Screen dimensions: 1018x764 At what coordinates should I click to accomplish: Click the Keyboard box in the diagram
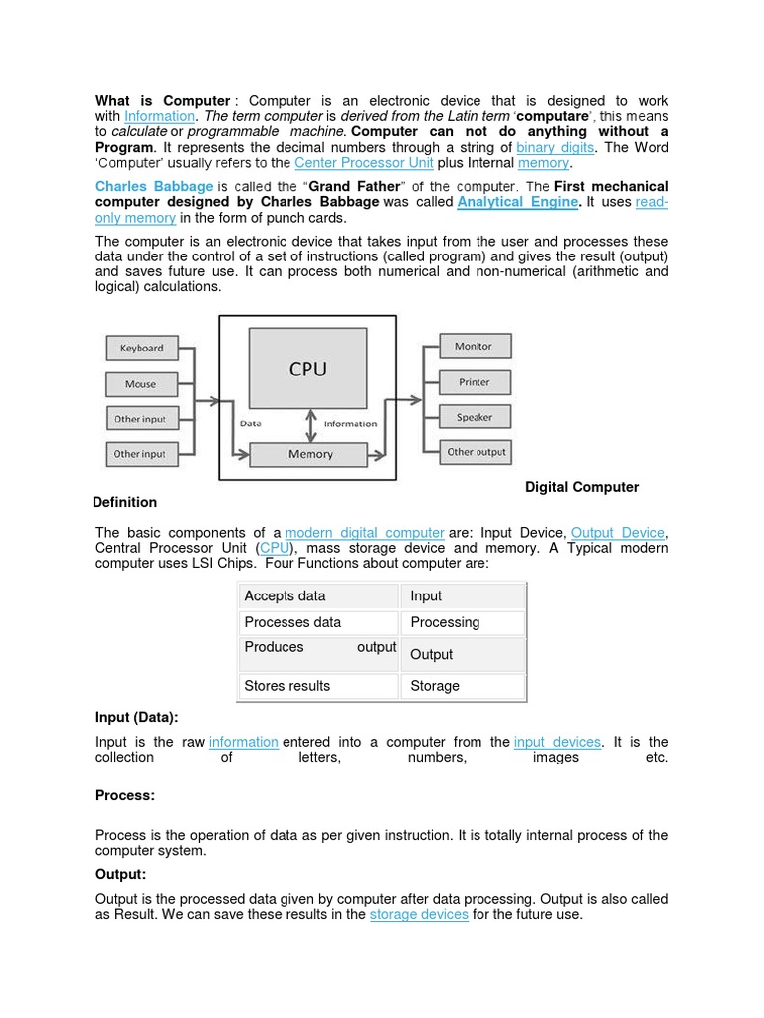pos(142,348)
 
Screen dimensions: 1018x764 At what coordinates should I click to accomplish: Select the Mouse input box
pos(140,384)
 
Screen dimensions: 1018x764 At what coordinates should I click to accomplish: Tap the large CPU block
pos(307,369)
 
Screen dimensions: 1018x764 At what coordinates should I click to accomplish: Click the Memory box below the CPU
pos(310,454)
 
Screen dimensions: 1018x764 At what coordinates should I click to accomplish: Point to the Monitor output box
pos(474,346)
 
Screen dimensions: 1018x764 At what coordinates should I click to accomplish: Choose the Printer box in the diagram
pos(474,382)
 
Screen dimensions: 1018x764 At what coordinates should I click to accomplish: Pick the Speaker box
pos(474,417)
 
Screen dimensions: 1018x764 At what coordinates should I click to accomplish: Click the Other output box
pos(476,452)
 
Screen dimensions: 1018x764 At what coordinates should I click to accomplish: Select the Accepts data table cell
pos(318,596)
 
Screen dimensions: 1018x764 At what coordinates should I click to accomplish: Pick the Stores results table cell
pos(318,686)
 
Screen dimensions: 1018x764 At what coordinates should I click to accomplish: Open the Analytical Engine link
pos(517,202)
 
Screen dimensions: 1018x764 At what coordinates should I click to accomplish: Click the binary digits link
pos(555,147)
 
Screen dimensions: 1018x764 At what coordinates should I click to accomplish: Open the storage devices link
pos(419,914)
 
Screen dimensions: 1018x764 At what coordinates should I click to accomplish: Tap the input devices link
pos(557,742)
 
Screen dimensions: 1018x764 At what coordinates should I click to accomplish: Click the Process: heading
pos(125,796)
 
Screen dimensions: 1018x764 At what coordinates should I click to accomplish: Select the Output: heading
pos(121,874)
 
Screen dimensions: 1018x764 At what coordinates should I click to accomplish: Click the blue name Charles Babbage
pos(154,186)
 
